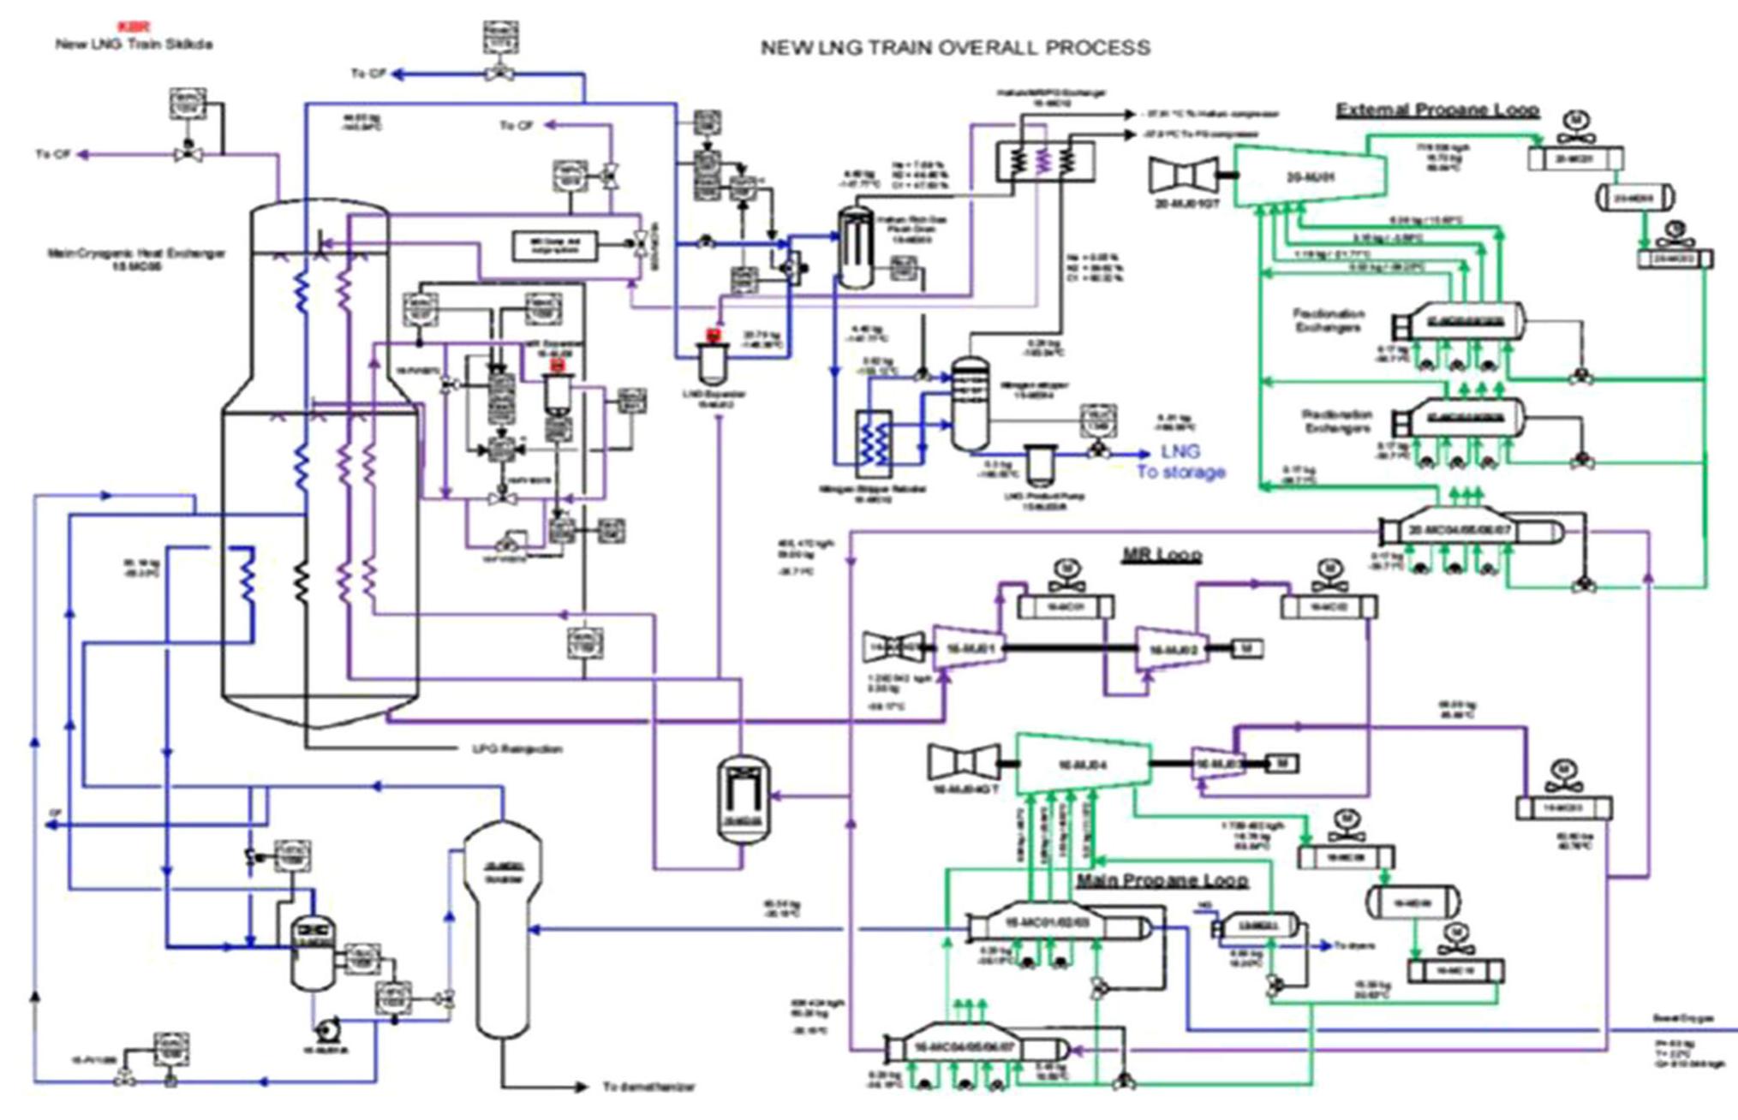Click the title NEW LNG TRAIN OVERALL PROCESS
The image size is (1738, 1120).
click(x=955, y=48)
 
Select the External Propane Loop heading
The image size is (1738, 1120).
click(x=1437, y=110)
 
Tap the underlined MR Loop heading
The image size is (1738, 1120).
click(x=1161, y=555)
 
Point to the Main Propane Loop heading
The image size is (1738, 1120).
click(x=1162, y=880)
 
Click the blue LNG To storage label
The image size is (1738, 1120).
click(x=1180, y=462)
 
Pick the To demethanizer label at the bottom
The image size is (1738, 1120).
click(x=648, y=1087)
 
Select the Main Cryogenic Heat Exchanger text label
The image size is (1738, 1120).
click(x=137, y=259)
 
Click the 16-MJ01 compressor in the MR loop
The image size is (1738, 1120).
click(x=968, y=650)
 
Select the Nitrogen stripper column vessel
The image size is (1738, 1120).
click(x=970, y=402)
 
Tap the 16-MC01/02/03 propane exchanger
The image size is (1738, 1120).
click(x=1055, y=926)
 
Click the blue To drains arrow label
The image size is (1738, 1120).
click(x=1354, y=946)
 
